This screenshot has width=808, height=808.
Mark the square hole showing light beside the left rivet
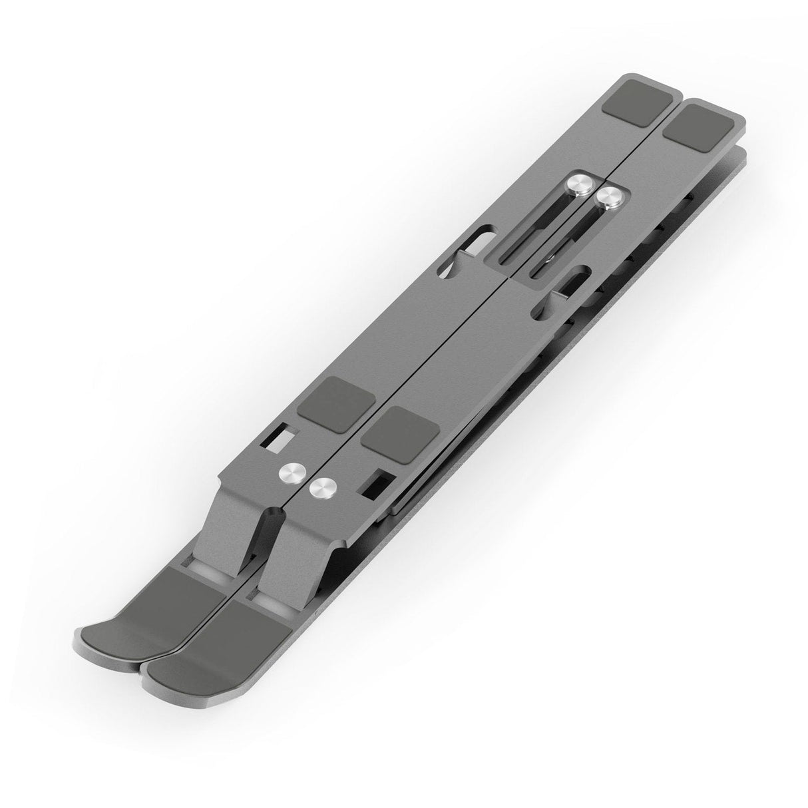click(284, 437)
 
